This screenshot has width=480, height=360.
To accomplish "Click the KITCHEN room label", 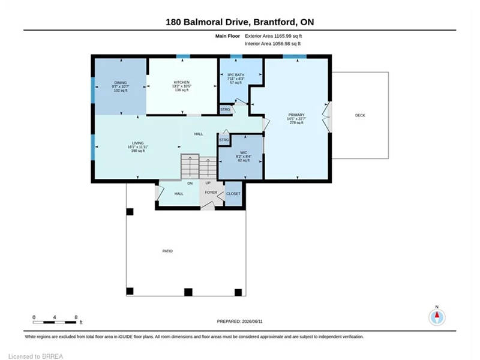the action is click(x=182, y=82).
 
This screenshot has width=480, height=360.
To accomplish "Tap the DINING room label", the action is click(x=121, y=83).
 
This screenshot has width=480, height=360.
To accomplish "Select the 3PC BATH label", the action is click(x=236, y=75).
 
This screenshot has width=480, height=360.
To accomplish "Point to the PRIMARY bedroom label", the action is click(x=296, y=115).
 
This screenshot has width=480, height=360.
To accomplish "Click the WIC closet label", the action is click(x=244, y=152).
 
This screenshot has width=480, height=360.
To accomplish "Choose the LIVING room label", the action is click(x=138, y=143).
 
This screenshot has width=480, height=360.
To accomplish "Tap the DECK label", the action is click(x=360, y=115).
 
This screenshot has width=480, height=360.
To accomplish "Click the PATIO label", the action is click(x=167, y=251).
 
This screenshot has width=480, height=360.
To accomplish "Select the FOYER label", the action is click(x=211, y=193).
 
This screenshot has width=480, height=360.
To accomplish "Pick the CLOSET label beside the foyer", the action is click(x=233, y=194).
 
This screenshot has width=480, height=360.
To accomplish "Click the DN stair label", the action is click(x=190, y=184).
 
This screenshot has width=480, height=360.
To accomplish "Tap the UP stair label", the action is click(x=208, y=183).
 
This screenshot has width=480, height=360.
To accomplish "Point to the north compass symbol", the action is click(x=437, y=317).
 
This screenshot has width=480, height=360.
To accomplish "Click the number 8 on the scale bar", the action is click(x=76, y=317).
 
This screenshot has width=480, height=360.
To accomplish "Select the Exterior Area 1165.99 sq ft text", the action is click(x=274, y=36).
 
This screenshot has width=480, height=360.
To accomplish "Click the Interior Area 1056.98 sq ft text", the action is click(x=272, y=44).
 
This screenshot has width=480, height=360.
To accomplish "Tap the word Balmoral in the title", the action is click(x=208, y=22).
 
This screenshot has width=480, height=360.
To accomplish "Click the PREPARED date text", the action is click(x=239, y=322).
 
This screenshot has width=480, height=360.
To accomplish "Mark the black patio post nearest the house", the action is click(x=130, y=212).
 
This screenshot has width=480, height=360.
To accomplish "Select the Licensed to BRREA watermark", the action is click(x=35, y=356).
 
